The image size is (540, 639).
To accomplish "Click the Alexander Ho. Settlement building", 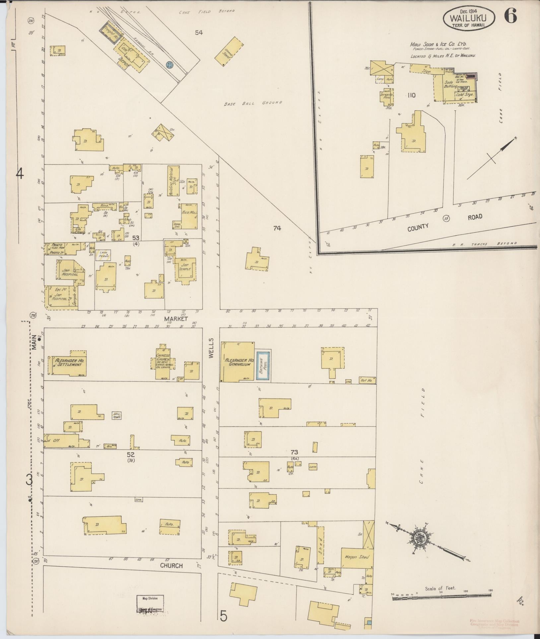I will [69, 363].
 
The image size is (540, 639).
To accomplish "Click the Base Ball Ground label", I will [253, 103].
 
